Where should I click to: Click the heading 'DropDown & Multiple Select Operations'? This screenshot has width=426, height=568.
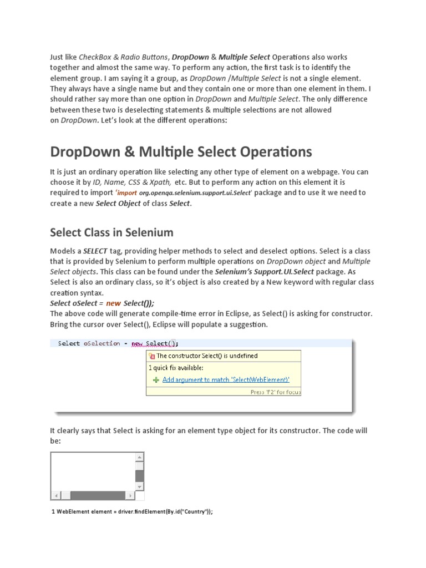pyautogui.click(x=181, y=151)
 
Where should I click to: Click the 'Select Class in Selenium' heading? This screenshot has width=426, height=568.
pyautogui.click(x=111, y=232)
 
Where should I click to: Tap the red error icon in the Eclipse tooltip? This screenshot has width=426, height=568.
pyautogui.click(x=153, y=356)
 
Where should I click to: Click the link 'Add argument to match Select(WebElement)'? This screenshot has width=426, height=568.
pyautogui.click(x=226, y=380)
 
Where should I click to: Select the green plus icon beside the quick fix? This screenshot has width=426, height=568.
pyautogui.click(x=156, y=380)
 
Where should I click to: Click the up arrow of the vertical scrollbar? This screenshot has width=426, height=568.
pyautogui.click(x=139, y=458)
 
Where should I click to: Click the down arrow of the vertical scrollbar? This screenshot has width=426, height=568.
pyautogui.click(x=139, y=486)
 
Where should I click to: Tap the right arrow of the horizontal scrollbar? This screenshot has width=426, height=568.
pyautogui.click(x=130, y=495)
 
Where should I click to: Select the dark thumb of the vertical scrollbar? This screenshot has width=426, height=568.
pyautogui.click(x=139, y=475)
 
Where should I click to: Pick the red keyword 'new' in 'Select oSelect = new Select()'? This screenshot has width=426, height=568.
pyautogui.click(x=113, y=303)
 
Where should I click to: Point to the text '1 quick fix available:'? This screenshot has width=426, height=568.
pyautogui.click(x=176, y=367)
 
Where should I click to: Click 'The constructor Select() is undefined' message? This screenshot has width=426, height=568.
pyautogui.click(x=207, y=356)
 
